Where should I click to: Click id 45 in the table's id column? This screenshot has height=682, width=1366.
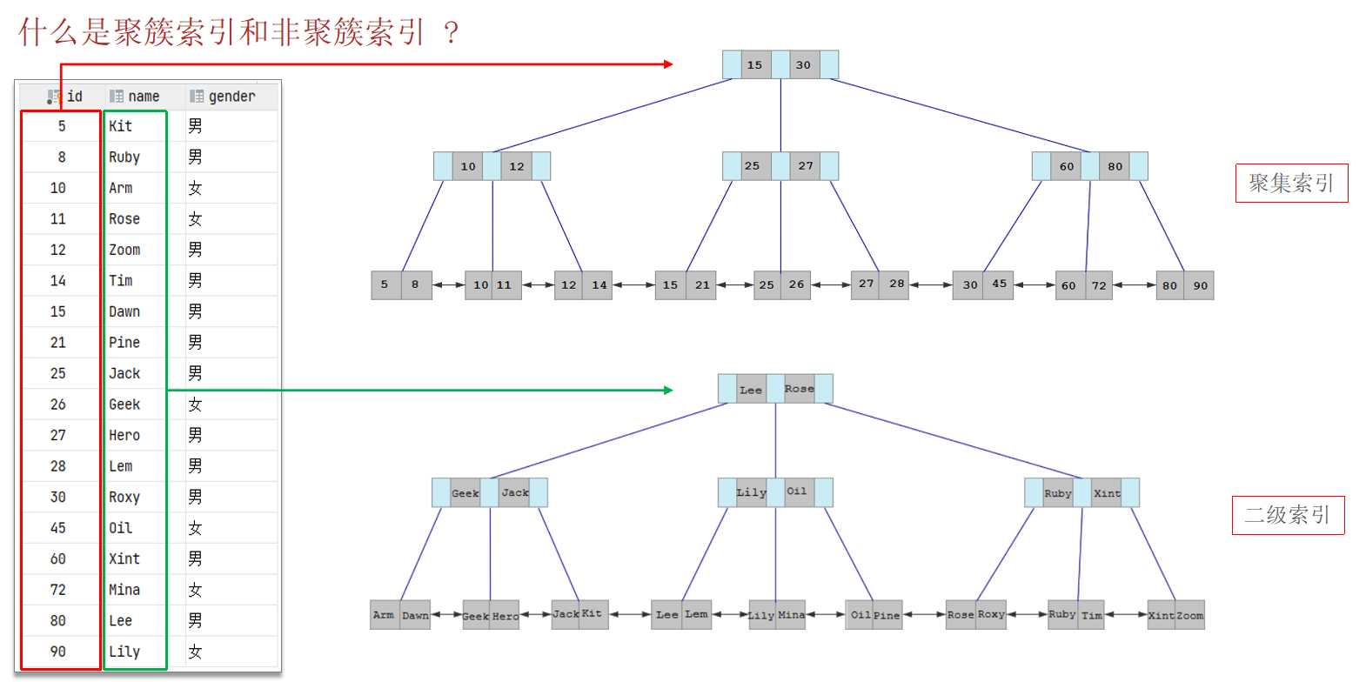[58, 528]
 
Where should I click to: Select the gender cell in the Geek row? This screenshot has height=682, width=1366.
[195, 405]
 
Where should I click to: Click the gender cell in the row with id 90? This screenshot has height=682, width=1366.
[195, 652]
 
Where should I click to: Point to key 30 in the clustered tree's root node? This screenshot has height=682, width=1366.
[803, 65]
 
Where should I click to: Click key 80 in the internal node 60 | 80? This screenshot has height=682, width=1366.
[1115, 166]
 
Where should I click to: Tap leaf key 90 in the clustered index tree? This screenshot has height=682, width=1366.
[1200, 285]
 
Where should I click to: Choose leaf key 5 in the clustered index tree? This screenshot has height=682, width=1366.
[385, 284]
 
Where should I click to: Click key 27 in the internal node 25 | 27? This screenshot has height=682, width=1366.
[806, 165]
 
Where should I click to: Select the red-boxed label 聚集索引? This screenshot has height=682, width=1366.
[1291, 183]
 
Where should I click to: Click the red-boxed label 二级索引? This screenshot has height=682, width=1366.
[1288, 515]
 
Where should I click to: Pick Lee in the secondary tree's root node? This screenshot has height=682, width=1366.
[751, 390]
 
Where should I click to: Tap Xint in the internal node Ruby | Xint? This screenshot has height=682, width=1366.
[1107, 493]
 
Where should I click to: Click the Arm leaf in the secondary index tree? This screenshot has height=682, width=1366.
[384, 615]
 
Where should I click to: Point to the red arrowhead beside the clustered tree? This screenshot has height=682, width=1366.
[668, 64]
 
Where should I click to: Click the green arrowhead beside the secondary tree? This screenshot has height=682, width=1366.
[668, 390]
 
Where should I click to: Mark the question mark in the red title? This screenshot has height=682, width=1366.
[451, 32]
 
